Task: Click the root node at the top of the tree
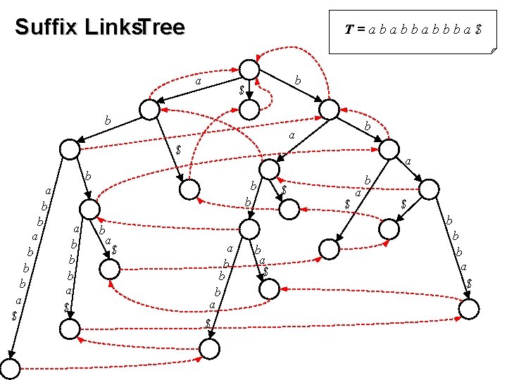point(250,69)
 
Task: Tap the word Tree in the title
point(161,27)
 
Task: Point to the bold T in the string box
point(349,30)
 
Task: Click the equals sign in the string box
point(360,31)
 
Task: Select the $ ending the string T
point(479,31)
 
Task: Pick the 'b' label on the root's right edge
point(298,82)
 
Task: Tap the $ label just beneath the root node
point(242,90)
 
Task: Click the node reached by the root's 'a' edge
point(149,109)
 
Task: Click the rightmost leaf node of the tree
point(470,308)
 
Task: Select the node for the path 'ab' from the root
point(70,148)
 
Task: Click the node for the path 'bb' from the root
point(389,149)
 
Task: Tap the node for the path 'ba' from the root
point(268,170)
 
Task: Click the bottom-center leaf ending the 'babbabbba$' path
point(209,348)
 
